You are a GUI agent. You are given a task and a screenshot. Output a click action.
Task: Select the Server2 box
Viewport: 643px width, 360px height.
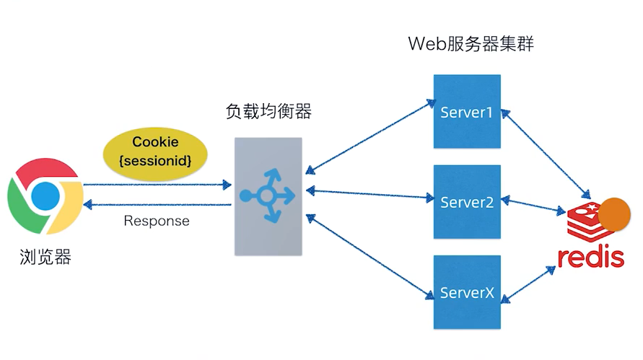(466, 202)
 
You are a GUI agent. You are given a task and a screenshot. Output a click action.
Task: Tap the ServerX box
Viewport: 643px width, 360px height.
(466, 291)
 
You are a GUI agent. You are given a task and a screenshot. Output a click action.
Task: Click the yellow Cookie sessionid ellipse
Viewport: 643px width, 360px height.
(155, 152)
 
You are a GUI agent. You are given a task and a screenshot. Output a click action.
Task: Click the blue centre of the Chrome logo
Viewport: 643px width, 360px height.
(44, 195)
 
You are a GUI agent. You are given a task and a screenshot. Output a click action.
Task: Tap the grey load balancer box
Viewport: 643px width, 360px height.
(268, 196)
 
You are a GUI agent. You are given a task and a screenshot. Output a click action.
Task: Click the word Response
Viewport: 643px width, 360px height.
(157, 221)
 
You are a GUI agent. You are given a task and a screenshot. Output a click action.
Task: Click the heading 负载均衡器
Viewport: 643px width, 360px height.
(268, 112)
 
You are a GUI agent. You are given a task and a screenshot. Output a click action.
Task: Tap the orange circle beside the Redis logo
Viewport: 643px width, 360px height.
(615, 214)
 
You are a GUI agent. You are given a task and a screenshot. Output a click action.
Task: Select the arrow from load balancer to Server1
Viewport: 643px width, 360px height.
(368, 137)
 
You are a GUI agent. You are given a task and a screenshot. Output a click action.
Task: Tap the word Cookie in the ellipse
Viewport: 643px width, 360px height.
(155, 142)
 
